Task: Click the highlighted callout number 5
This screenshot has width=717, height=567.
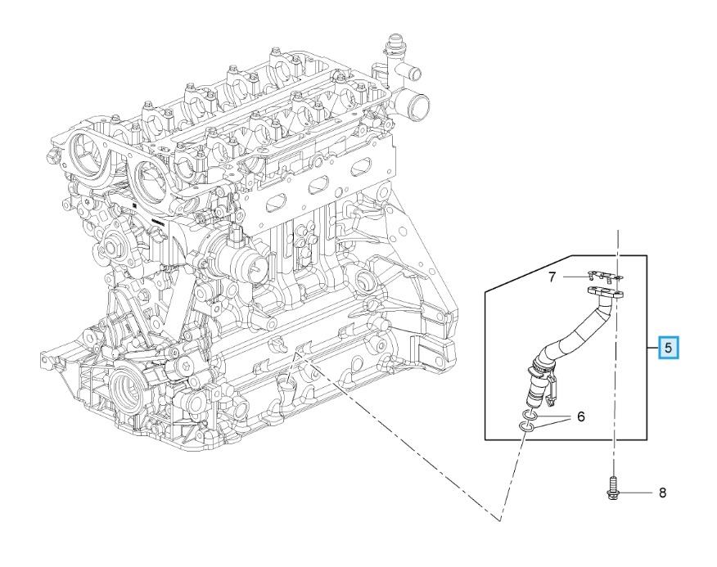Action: pyautogui.click(x=668, y=348)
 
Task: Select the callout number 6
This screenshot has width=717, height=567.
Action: pyautogui.click(x=581, y=416)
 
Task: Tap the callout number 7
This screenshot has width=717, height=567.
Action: pyautogui.click(x=552, y=277)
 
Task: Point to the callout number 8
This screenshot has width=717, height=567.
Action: pyautogui.click(x=663, y=493)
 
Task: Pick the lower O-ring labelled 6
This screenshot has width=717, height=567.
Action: pyautogui.click(x=525, y=427)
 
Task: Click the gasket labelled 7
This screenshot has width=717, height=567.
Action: pyautogui.click(x=604, y=276)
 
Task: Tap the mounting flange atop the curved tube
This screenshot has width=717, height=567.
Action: pyautogui.click(x=606, y=293)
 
